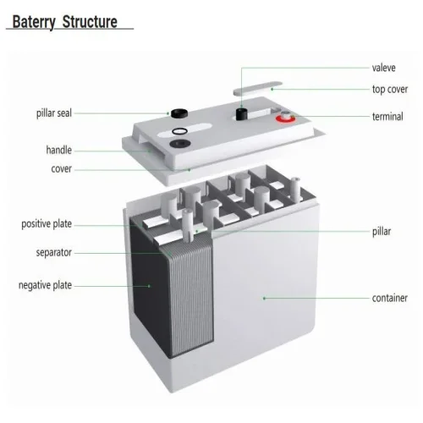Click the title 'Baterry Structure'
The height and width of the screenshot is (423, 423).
(65, 22)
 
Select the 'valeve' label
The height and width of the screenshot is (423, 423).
(383, 68)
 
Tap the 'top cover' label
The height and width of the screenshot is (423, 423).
(390, 90)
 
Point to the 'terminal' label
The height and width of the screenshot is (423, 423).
(387, 117)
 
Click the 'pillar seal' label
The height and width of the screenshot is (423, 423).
(54, 113)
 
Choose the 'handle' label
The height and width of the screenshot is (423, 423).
(58, 150)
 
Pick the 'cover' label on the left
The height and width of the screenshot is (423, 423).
(61, 169)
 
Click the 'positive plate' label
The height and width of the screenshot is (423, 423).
(47, 224)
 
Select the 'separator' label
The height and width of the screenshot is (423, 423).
(53, 252)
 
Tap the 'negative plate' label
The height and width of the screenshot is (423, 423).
(45, 285)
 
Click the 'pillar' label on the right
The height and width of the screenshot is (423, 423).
(382, 232)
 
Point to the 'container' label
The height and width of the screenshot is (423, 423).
(390, 298)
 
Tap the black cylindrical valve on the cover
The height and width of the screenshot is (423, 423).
(242, 113)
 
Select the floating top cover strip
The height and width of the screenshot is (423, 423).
(257, 88)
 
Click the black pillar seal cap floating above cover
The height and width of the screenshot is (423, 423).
(179, 113)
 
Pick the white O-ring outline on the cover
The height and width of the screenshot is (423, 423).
(179, 131)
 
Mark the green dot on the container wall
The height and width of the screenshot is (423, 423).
(264, 298)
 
